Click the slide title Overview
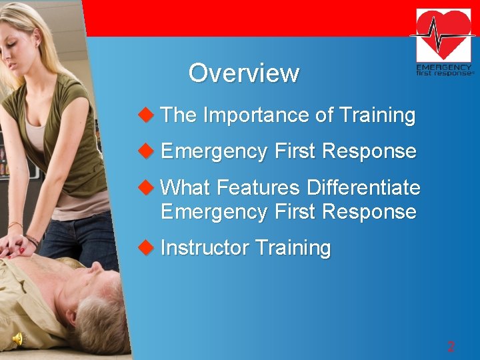click(x=243, y=73)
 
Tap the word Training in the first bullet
click(x=377, y=115)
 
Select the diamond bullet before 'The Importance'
click(x=145, y=115)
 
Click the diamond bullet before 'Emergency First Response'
click(x=145, y=151)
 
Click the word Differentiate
click(x=363, y=188)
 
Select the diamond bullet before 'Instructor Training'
click(x=145, y=248)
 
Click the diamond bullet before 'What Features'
click(x=145, y=188)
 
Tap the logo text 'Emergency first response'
click(x=444, y=70)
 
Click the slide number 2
click(x=451, y=347)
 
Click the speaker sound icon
click(x=18, y=339)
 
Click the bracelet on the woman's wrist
click(x=31, y=239)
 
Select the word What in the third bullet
click(x=186, y=188)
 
